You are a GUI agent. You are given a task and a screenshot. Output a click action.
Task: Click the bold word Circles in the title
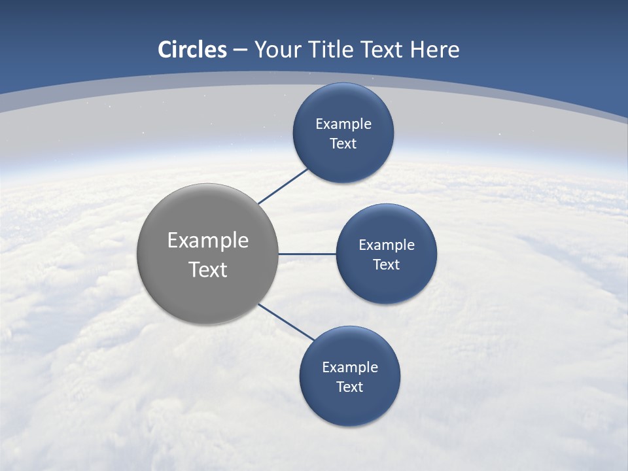(x=192, y=50)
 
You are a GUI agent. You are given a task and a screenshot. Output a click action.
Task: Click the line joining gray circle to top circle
(x=283, y=186)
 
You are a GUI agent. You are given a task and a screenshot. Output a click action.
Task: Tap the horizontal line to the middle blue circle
(x=307, y=254)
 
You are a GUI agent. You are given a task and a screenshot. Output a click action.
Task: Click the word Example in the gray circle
(x=208, y=241)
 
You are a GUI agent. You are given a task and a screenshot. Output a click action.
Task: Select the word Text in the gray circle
(x=208, y=270)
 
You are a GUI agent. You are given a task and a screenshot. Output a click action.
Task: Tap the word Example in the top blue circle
(x=343, y=124)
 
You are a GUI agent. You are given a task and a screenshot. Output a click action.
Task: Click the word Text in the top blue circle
(x=343, y=143)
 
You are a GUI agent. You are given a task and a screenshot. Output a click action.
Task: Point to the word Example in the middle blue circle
(x=387, y=245)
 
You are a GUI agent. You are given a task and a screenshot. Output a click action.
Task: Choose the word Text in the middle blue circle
(x=386, y=264)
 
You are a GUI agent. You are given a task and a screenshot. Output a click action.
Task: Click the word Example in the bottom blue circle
(x=350, y=367)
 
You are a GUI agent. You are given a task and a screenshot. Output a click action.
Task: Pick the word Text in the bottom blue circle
(x=349, y=387)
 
